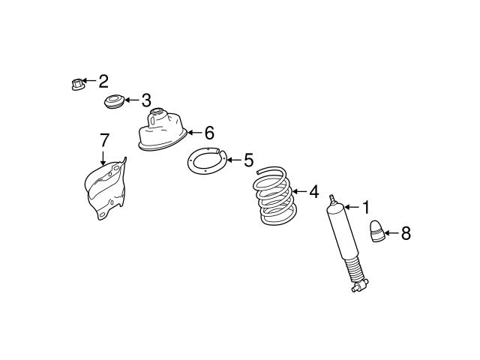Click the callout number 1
point(366,206)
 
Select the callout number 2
point(103,81)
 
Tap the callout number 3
point(146,100)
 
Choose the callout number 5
point(248,160)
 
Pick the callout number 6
point(209,133)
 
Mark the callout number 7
point(104,139)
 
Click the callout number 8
point(406,233)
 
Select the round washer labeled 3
point(113,101)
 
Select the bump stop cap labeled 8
point(378,232)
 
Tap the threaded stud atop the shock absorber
point(331,199)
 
